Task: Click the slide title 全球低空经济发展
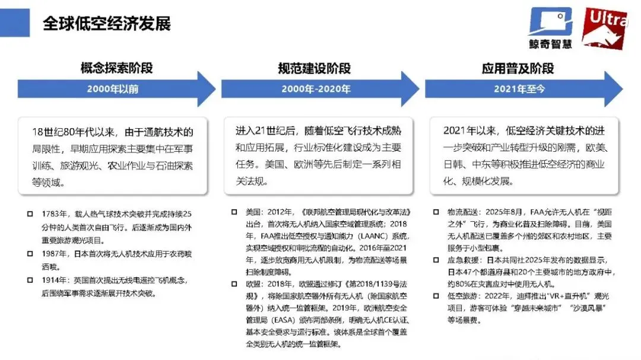tap(107, 24)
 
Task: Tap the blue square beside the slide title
tap(15, 22)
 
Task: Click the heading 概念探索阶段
tap(116, 68)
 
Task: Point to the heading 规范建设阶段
tap(315, 68)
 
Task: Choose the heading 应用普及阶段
tap(518, 68)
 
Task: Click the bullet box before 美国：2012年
tap(233, 212)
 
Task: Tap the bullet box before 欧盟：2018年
tap(233, 284)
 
